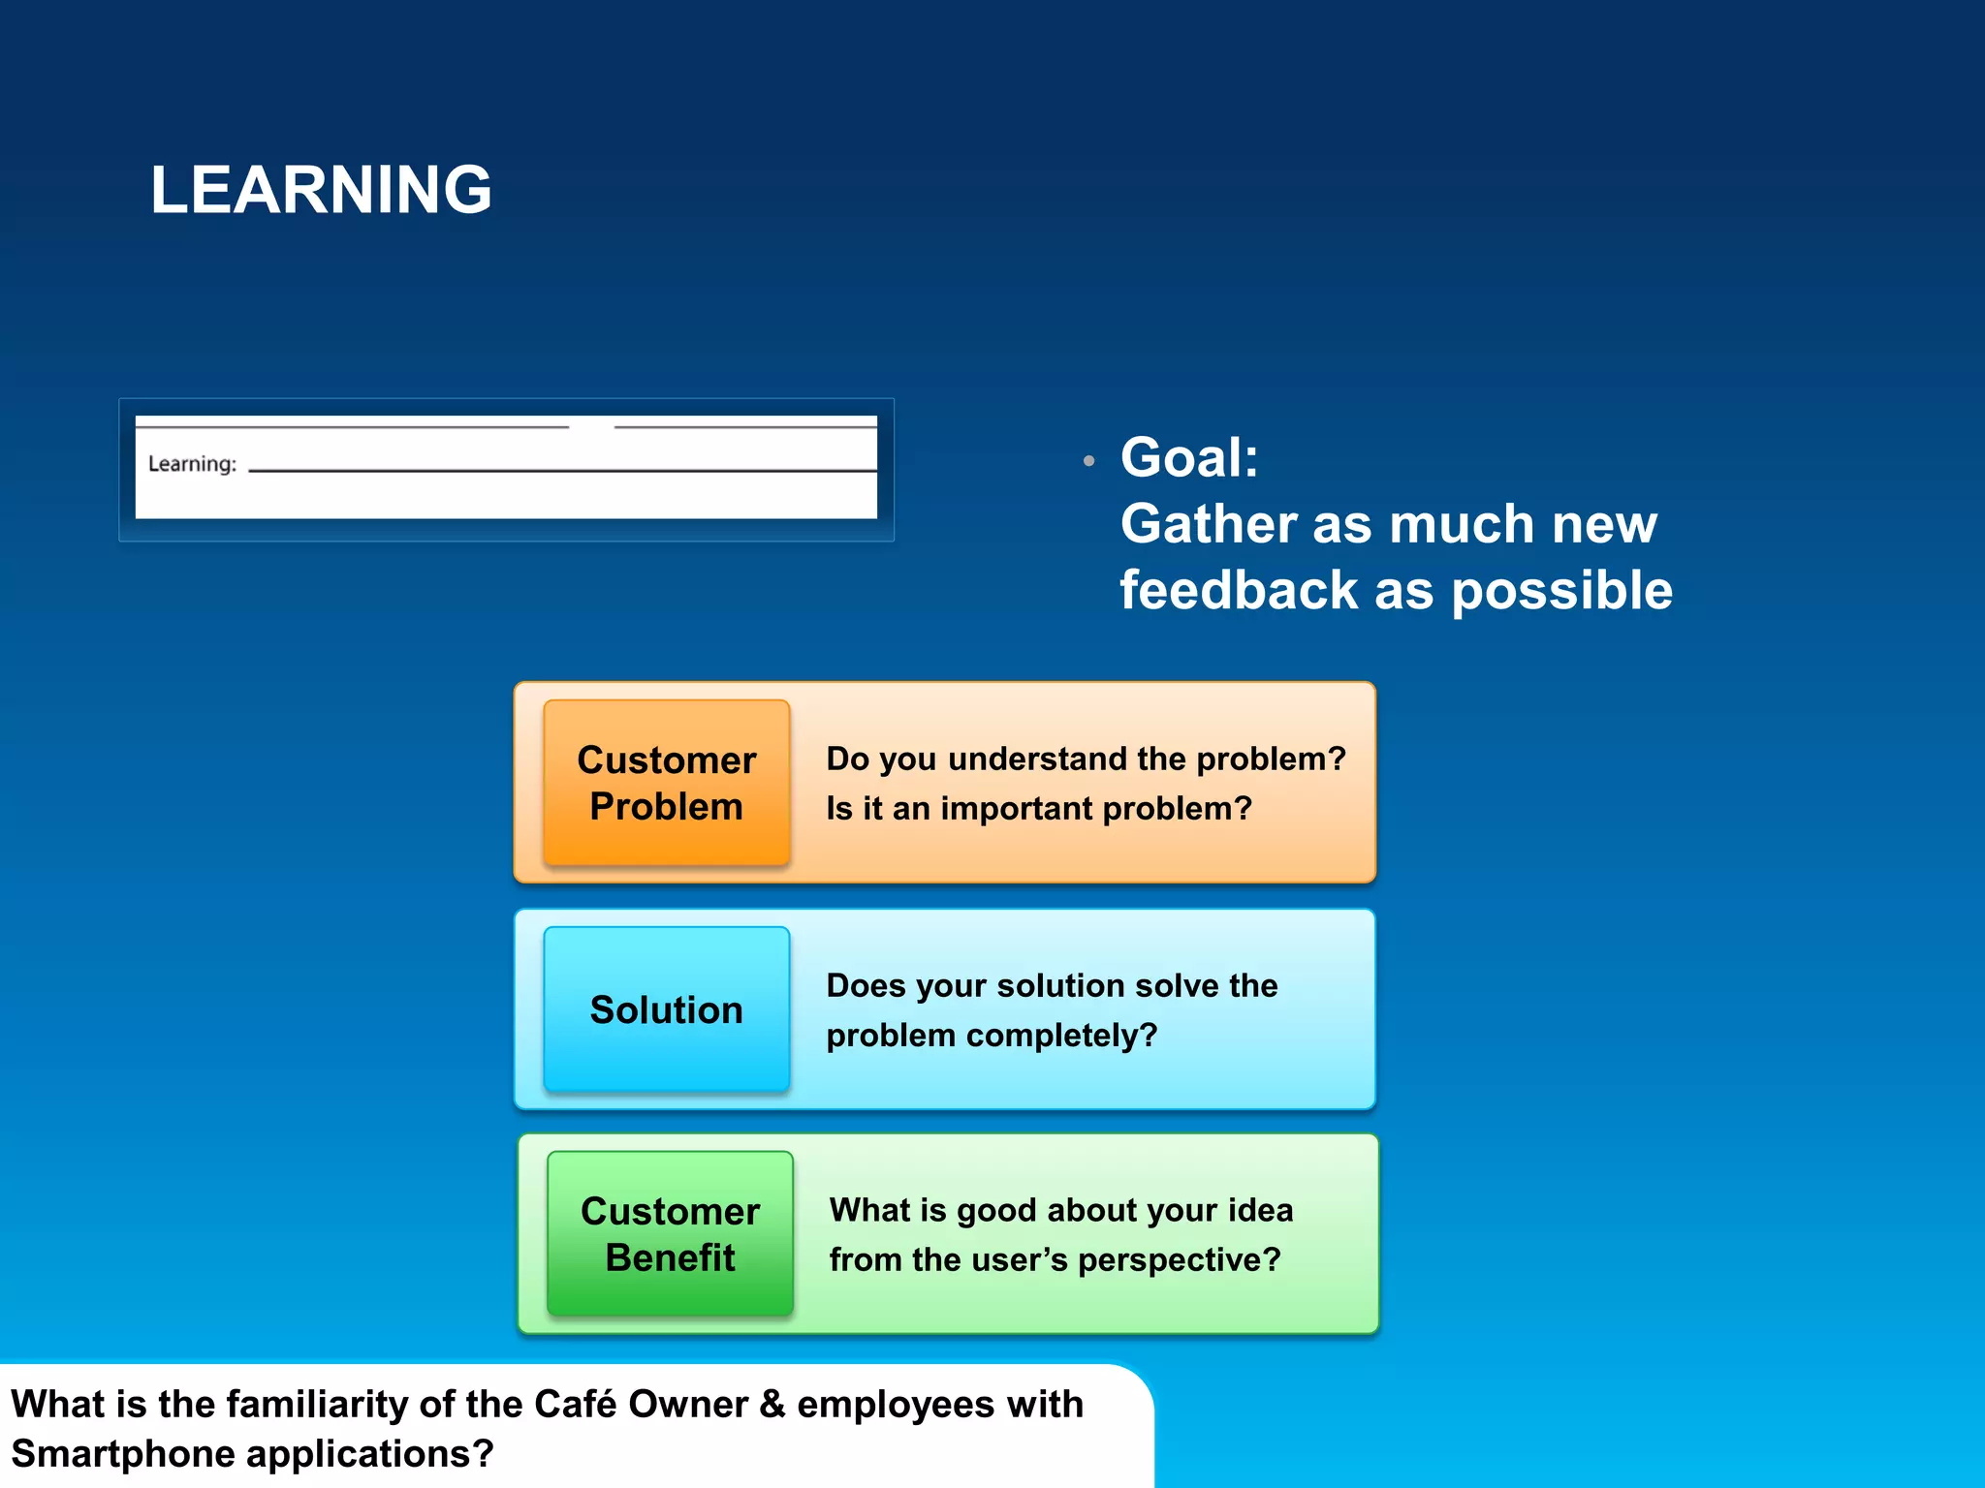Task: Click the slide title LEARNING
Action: coord(321,189)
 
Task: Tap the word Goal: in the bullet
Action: coord(1189,457)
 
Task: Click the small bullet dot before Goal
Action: coord(1089,461)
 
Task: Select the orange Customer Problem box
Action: coord(667,783)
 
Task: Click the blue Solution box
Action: coord(667,1009)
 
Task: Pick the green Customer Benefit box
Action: coord(670,1234)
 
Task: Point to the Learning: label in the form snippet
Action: coord(192,464)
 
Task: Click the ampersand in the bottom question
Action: coord(772,1404)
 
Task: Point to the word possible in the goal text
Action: coord(1561,591)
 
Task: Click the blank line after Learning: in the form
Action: coord(562,469)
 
